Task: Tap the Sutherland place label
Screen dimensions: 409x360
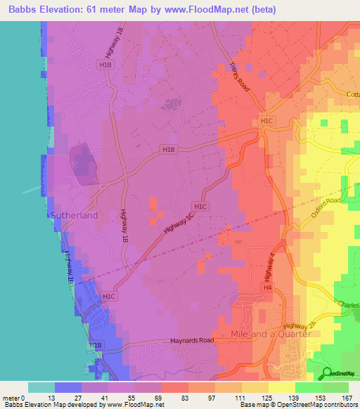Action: point(72,215)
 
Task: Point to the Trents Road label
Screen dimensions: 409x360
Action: point(240,74)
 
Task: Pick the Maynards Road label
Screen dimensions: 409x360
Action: point(191,342)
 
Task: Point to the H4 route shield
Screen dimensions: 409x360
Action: point(267,288)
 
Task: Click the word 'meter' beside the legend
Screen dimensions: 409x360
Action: point(12,398)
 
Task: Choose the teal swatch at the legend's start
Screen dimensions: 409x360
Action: point(41,387)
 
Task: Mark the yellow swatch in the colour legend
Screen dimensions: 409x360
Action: point(281,387)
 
